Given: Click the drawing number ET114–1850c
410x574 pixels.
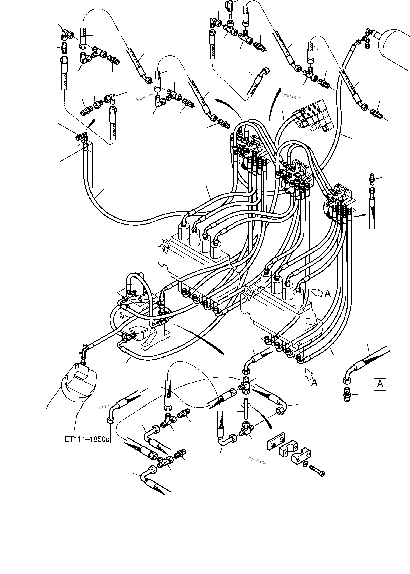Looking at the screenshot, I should pos(87,439).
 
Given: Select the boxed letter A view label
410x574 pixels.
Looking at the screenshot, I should pos(380,384).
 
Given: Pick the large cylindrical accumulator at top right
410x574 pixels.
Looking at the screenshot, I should pos(395,47).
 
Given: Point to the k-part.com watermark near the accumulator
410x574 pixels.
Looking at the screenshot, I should pos(290,96).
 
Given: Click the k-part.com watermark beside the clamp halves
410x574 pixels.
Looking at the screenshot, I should pos(258,461).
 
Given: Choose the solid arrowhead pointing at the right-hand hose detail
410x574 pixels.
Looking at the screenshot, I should pos(362,215).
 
